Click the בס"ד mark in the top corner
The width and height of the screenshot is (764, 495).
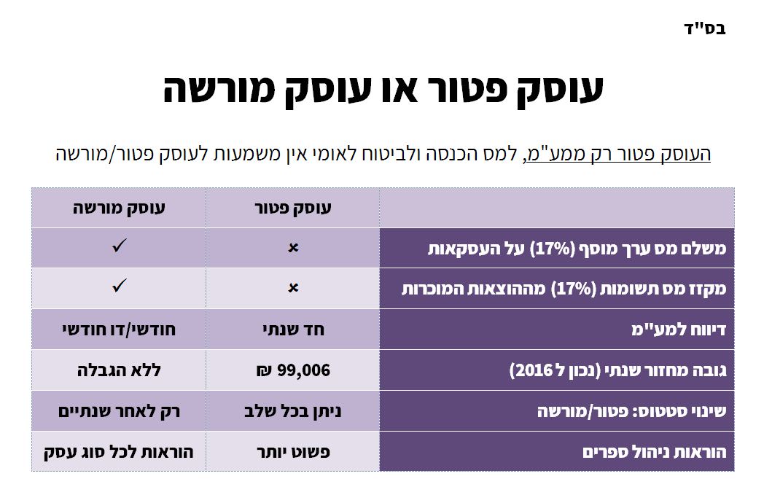pos(705,28)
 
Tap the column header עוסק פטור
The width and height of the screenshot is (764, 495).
pos(292,208)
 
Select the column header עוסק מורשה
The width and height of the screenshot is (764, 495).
pos(119,208)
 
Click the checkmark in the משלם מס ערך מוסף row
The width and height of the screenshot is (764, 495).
pos(119,247)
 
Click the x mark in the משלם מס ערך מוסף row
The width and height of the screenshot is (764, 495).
pos(293,249)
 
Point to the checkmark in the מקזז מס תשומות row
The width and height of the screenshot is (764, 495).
pos(119,287)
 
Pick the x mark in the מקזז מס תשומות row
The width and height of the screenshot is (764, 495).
pos(293,289)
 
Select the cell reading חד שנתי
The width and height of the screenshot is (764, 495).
pos(293,330)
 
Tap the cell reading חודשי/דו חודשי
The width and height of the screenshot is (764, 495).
pos(119,330)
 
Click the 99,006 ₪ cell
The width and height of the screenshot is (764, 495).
pos(293,370)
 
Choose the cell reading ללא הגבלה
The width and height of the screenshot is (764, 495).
pos(119,370)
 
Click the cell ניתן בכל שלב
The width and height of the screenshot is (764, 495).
pos(293,411)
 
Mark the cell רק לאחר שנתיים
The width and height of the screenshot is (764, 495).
pos(119,411)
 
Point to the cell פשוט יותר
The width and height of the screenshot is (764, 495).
pos(293,452)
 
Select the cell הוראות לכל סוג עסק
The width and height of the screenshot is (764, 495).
pos(119,452)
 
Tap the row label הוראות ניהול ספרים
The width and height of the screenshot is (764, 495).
pos(654,452)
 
